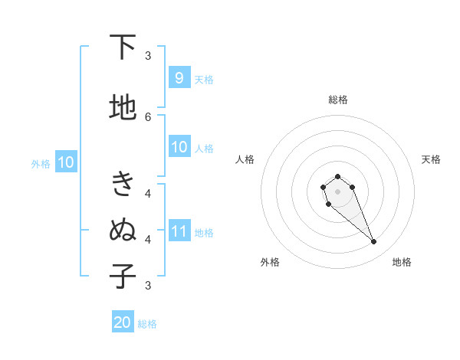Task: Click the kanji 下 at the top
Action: pyautogui.click(x=123, y=47)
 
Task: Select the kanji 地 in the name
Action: pyautogui.click(x=123, y=109)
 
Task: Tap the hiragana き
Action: pyautogui.click(x=123, y=185)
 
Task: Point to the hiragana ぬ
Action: pyautogui.click(x=123, y=231)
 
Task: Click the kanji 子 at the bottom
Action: pyautogui.click(x=123, y=277)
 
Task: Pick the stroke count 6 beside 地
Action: pyautogui.click(x=148, y=116)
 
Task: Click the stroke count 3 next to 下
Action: pyautogui.click(x=148, y=55)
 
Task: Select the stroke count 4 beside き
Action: pyautogui.click(x=148, y=193)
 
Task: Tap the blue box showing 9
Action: pyautogui.click(x=179, y=77)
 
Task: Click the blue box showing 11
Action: pyautogui.click(x=179, y=231)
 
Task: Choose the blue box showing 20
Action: pyautogui.click(x=123, y=322)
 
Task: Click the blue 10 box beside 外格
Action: pyautogui.click(x=65, y=162)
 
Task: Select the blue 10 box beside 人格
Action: pyautogui.click(x=179, y=147)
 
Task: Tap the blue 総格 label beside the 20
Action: pyautogui.click(x=147, y=324)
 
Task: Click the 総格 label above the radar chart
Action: pyautogui.click(x=337, y=100)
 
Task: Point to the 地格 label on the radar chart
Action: pyautogui.click(x=402, y=262)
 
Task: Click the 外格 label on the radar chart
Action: pyautogui.click(x=270, y=262)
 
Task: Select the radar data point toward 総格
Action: pyautogui.click(x=337, y=176)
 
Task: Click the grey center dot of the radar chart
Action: pyautogui.click(x=337, y=190)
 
